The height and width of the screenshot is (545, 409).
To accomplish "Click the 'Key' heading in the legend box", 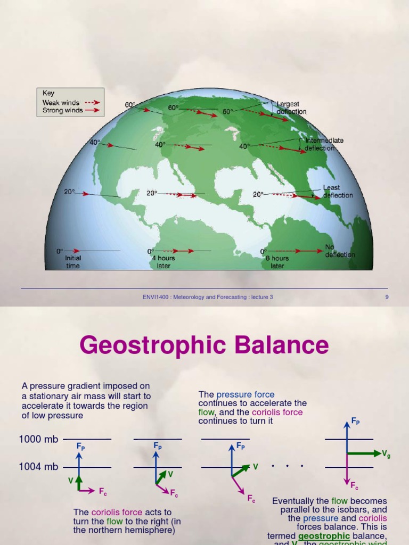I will tap(48, 93).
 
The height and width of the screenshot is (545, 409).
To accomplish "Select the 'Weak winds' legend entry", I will tap(61, 103).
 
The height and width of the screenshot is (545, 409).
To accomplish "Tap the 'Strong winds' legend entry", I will tap(62, 111).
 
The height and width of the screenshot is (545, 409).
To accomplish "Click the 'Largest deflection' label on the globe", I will tap(290, 108).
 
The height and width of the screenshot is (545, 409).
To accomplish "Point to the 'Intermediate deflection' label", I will tap(324, 144).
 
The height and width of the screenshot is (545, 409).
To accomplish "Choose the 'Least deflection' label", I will tap(337, 192).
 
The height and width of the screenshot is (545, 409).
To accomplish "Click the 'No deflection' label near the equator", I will tap(339, 251).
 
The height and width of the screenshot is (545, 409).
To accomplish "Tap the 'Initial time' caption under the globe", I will tap(73, 262).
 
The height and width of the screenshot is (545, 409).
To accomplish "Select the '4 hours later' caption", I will tap(163, 262).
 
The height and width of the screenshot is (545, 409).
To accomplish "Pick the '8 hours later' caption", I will tap(277, 262).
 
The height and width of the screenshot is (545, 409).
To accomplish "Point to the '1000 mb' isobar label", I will tap(38, 439).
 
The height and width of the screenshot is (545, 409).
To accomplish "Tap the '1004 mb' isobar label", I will tap(38, 467).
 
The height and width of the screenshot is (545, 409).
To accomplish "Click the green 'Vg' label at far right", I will tap(386, 454).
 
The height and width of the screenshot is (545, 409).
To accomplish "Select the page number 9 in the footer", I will tap(387, 297).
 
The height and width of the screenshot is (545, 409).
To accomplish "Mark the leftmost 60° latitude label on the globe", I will tap(130, 105).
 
